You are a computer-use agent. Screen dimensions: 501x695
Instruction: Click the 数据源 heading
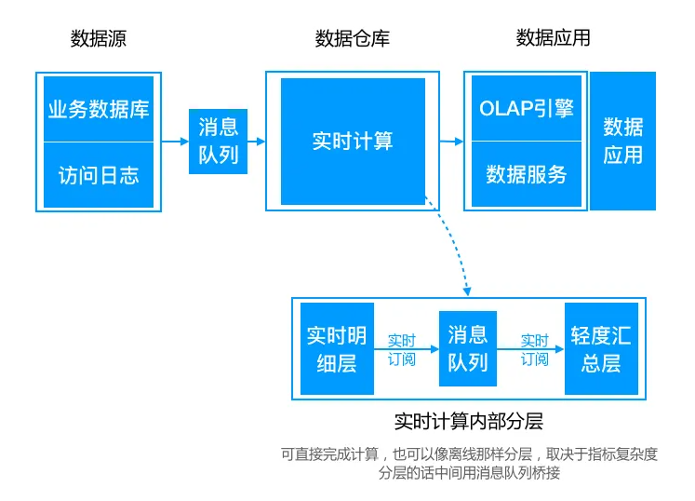[99, 38]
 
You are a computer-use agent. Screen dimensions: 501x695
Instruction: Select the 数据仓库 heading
[353, 38]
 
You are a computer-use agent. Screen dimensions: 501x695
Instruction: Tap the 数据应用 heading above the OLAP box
[554, 38]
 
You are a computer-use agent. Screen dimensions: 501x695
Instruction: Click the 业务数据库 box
[99, 109]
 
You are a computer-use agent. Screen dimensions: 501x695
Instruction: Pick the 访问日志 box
[99, 175]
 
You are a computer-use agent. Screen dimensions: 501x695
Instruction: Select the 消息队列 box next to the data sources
[219, 142]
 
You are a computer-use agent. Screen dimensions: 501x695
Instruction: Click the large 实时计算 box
[353, 142]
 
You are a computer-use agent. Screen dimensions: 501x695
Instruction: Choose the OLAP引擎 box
[527, 108]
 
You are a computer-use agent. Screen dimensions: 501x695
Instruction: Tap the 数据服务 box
[527, 174]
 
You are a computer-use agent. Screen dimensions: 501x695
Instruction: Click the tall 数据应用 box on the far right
[622, 142]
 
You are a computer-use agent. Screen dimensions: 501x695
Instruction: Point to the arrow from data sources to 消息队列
[175, 142]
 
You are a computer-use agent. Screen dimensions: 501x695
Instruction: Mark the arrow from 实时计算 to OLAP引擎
[451, 142]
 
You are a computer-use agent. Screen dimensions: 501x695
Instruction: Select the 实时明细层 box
[337, 349]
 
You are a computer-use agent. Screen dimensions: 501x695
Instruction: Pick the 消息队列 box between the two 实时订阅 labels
[468, 349]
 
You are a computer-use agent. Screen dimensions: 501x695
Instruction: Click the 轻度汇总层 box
[601, 349]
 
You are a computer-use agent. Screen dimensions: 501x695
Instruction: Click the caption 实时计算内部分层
[468, 420]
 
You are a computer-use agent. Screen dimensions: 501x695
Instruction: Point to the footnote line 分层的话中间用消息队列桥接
[469, 473]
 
